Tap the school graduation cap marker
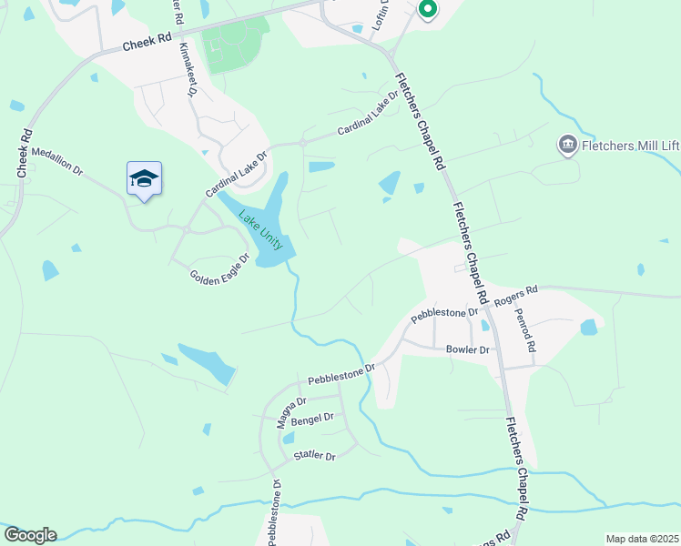pyautogui.click(x=144, y=177)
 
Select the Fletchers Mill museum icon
pyautogui.click(x=567, y=144)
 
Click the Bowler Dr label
pyautogui.click(x=468, y=349)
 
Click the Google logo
pyautogui.click(x=30, y=535)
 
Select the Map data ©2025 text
pyautogui.click(x=642, y=539)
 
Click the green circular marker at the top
pyautogui.click(x=427, y=9)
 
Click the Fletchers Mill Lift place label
pyautogui.click(x=632, y=144)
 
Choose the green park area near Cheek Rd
pyautogui.click(x=235, y=45)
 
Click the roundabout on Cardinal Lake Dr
pyautogui.click(x=303, y=143)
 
